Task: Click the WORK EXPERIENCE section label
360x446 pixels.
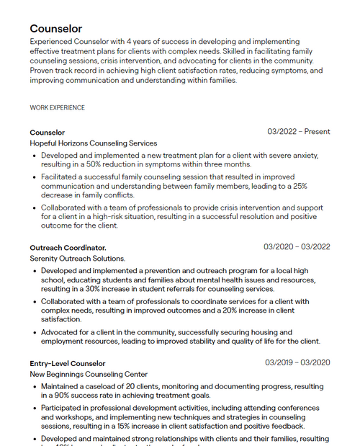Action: click(x=57, y=108)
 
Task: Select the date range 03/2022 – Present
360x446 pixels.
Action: click(x=298, y=132)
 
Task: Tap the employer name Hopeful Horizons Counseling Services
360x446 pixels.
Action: click(x=93, y=143)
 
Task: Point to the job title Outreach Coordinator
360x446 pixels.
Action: click(x=68, y=247)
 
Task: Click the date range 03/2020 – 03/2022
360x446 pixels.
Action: click(x=297, y=247)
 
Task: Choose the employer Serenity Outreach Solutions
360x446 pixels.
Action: click(x=77, y=258)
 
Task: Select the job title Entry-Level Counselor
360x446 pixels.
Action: click(x=68, y=363)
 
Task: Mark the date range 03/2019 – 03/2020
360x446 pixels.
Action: click(x=297, y=362)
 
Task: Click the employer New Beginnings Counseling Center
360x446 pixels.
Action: click(x=89, y=375)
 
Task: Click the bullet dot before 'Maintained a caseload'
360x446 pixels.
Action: click(x=34, y=386)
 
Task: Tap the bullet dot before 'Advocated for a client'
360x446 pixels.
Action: click(x=34, y=332)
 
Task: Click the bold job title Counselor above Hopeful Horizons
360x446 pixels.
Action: click(x=47, y=133)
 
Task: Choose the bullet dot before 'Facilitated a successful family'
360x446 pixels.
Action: click(x=34, y=176)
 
